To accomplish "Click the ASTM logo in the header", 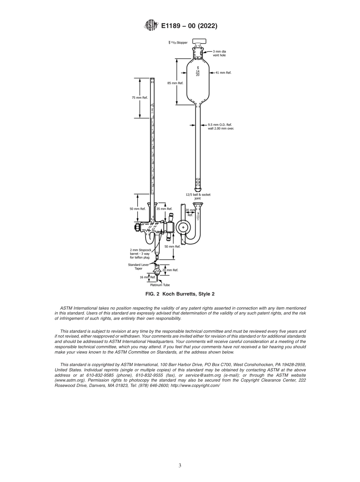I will pos(151,26).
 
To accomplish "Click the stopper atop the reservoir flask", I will pos(199,42).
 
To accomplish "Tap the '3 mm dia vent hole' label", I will pos(219,53).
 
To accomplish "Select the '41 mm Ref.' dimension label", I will pos(223,72).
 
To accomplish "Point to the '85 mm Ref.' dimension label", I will pos(175,83).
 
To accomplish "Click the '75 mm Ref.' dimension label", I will pos(139,98).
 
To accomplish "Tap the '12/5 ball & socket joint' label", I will pos(198,196).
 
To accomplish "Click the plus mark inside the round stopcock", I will pos(183,228).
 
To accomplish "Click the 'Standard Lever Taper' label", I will pos(138,266).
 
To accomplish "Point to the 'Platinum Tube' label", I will pos(160,285).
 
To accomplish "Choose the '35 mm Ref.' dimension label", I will pos(164,209).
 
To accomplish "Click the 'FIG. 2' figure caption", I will pos(180,294).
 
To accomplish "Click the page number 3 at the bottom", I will pos(180,466).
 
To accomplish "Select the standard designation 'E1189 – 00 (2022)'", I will pos(189,26).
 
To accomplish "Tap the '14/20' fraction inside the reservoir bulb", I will pos(198,72).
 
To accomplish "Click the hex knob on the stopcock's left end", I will pos(136,228).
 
